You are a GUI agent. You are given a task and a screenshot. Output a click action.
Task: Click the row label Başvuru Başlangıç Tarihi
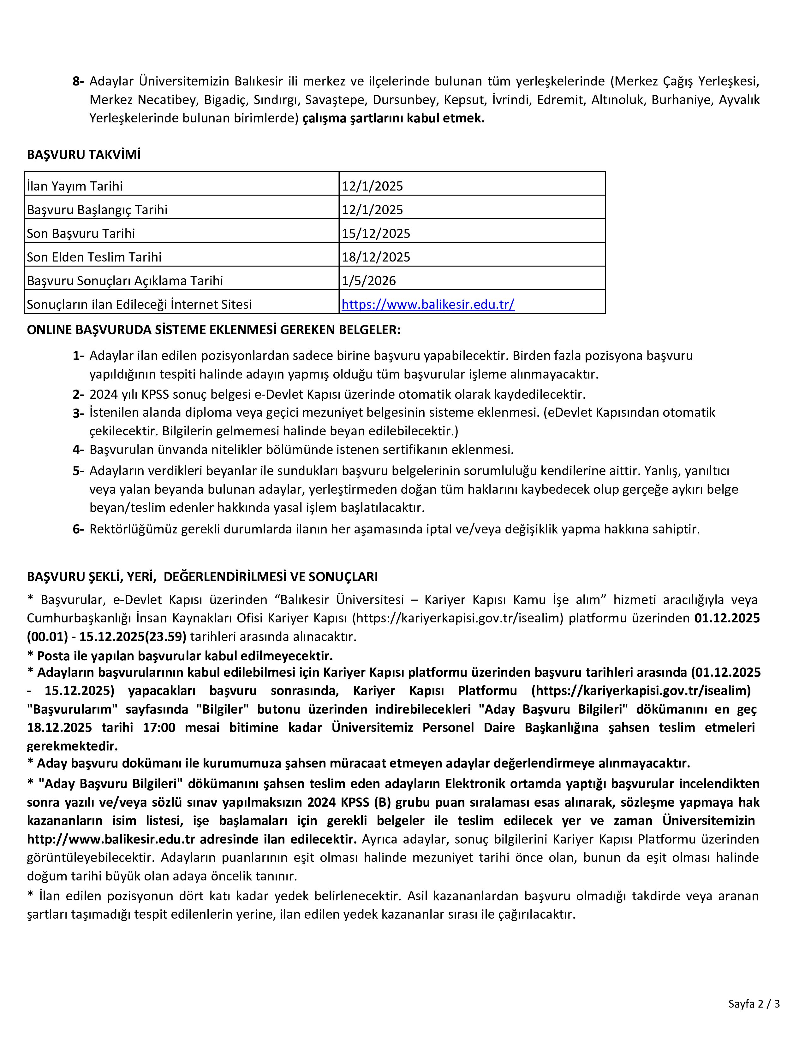click(x=97, y=210)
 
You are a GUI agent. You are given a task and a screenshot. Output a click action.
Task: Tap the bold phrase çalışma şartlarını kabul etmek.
click(x=393, y=118)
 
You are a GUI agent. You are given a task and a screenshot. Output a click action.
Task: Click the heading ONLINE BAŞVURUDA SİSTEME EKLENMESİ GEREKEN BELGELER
click(x=214, y=330)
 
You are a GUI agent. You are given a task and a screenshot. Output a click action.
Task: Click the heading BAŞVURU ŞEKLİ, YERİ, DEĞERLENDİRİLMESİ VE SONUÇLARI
click(x=202, y=577)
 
